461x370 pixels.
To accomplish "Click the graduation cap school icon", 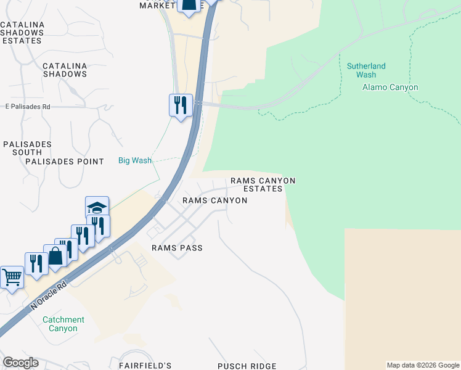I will [x=97, y=207].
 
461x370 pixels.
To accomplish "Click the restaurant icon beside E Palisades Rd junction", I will [x=181, y=105].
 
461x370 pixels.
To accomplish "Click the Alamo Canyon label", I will [x=390, y=87].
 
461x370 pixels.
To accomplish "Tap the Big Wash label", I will [x=135, y=160].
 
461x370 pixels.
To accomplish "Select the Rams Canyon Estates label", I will [x=263, y=184].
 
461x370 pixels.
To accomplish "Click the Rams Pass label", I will [x=177, y=247].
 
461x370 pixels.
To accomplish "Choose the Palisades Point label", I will [x=65, y=162].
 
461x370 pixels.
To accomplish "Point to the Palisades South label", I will [x=27, y=148].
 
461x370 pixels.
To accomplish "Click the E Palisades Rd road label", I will [x=28, y=107].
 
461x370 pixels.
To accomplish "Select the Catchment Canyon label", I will [x=63, y=324].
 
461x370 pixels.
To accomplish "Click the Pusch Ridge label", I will [x=245, y=366].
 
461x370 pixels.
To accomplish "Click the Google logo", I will [x=20, y=363].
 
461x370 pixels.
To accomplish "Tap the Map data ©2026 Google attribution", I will [x=423, y=365].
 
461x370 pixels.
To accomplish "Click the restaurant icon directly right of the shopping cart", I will [x=36, y=263].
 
